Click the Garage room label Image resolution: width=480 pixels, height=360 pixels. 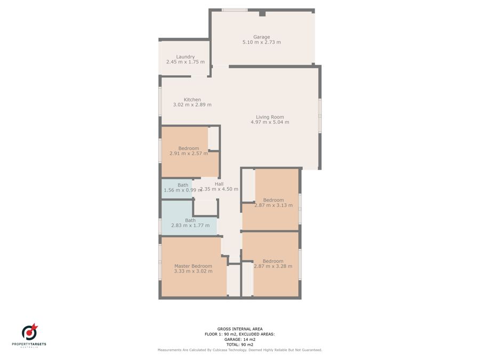[x=261, y=37]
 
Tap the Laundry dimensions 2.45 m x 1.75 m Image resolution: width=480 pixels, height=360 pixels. [x=186, y=62]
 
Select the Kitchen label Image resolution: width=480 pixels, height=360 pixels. [x=192, y=100]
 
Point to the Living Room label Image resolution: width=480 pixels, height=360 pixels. [x=270, y=117]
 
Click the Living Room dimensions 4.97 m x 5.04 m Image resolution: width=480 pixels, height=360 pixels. [x=270, y=122]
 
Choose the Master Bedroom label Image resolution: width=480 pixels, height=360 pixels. [x=193, y=266]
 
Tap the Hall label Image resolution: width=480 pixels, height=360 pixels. [x=219, y=184]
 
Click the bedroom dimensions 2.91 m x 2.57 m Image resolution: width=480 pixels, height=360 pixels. [x=189, y=154]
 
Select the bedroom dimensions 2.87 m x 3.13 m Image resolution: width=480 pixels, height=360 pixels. [x=274, y=205]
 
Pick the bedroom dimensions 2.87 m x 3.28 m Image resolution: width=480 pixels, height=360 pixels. [x=273, y=266]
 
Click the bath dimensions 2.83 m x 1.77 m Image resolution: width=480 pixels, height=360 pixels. [x=190, y=225]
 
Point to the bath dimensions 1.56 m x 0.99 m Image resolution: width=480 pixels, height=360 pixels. [x=183, y=190]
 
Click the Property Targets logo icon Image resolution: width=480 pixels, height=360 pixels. [x=29, y=332]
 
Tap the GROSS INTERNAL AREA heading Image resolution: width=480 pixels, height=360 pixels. [x=239, y=329]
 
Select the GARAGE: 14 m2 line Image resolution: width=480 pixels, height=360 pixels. [x=239, y=339]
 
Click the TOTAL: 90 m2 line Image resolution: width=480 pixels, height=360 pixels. [x=239, y=345]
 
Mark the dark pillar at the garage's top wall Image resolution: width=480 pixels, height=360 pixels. [x=262, y=13]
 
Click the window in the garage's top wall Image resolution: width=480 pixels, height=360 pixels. [x=235, y=10]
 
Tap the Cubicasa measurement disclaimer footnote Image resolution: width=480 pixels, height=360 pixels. [x=239, y=350]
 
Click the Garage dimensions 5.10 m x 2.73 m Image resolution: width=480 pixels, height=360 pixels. [x=261, y=42]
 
